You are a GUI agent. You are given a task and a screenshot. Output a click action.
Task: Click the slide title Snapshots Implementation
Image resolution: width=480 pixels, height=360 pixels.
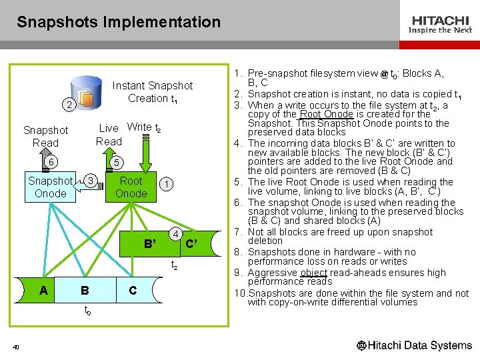tap(119, 22)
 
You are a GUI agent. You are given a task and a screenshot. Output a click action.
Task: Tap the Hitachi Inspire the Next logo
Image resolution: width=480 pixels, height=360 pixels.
tap(441, 25)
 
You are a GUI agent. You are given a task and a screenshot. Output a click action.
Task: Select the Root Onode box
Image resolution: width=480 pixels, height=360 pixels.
tap(131, 187)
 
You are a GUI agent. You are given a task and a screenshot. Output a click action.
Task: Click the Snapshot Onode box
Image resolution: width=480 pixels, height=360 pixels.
tap(50, 187)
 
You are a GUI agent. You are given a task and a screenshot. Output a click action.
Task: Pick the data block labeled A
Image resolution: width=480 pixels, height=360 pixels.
tap(43, 290)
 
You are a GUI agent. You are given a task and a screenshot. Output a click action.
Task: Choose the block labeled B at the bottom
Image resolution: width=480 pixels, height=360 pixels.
tap(85, 290)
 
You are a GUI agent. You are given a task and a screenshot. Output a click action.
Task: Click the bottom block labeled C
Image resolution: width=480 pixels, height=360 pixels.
tap(133, 290)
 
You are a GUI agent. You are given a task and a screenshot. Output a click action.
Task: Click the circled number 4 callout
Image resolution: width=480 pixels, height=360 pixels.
tap(175, 234)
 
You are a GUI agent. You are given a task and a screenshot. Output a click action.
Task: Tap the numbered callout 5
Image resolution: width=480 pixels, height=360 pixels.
tap(116, 163)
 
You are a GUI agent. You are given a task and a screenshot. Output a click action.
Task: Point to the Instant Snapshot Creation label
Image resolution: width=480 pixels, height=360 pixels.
tap(152, 92)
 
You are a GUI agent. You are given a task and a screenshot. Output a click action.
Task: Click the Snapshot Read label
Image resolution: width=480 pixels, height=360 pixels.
tap(45, 137)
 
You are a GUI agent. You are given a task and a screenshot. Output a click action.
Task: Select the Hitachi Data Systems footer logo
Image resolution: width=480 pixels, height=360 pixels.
tap(414, 345)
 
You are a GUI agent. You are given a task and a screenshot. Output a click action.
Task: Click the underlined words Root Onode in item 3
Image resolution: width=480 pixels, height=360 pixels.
tap(326, 114)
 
